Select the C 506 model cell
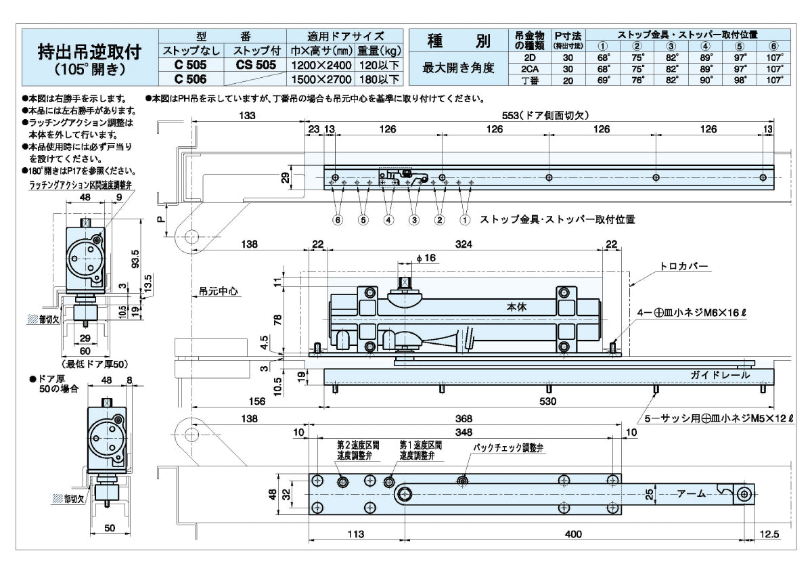[190, 79]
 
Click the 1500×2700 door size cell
[321, 79]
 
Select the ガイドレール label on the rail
[719, 374]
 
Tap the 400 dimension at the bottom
[572, 534]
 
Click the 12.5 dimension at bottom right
[769, 534]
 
